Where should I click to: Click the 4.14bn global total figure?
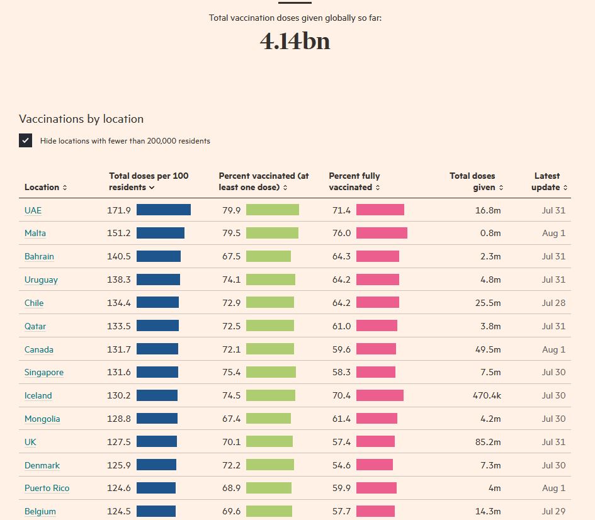pos(295,42)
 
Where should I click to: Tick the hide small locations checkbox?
pos(25,140)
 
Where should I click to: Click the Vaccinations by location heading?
pos(81,119)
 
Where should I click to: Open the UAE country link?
pos(33,210)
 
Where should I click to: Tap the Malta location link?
pos(35,234)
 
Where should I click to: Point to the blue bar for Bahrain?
pos(159,256)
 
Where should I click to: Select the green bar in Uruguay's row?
pos(270,280)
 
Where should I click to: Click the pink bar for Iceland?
pos(380,395)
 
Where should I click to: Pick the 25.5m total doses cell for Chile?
pos(488,303)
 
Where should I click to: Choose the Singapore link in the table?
pos(44,372)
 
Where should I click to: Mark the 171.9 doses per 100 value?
pos(119,210)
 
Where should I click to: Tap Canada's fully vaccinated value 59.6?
pos(341,349)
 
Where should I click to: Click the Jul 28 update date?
pos(553,303)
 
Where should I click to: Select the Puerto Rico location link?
pos(47,489)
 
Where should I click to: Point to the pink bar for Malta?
pos(382,233)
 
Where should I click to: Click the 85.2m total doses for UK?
pos(488,442)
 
